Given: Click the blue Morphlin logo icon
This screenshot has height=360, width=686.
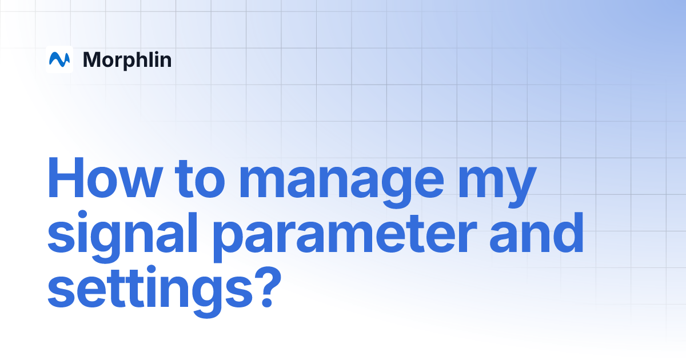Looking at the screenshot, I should click(59, 59).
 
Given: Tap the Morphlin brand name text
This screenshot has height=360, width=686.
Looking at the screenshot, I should click(127, 59).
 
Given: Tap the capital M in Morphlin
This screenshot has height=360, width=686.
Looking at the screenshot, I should click(92, 59).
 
